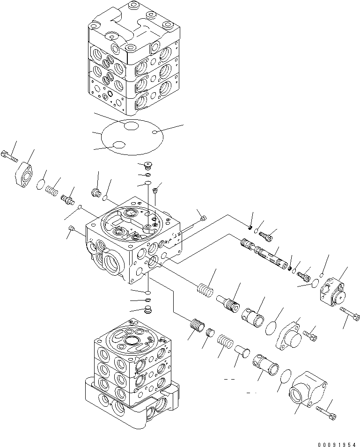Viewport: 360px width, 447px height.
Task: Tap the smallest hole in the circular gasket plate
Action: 154,133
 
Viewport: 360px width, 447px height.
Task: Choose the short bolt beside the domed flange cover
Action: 310,334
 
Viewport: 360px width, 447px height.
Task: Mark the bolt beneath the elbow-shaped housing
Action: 326,410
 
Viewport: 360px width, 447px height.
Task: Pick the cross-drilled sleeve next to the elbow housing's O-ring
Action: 266,363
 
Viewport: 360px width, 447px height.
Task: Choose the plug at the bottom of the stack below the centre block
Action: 148,309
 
